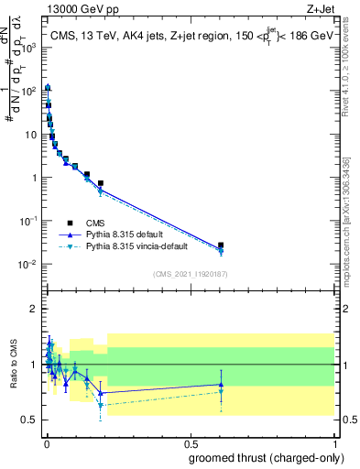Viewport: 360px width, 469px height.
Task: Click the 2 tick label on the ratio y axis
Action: coord(32,309)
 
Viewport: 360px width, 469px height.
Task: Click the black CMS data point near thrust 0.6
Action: coord(221,245)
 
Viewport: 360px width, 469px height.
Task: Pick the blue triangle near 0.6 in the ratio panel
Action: coord(221,385)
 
